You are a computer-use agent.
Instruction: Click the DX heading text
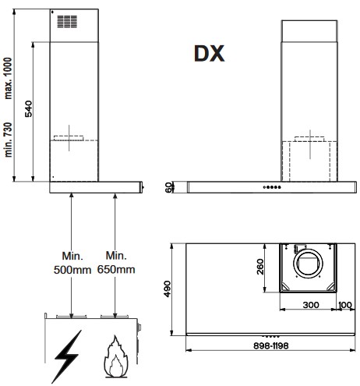(209, 54)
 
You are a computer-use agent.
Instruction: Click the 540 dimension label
(29, 108)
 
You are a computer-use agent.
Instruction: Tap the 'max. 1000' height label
(9, 78)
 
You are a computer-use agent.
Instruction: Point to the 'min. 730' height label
(9, 140)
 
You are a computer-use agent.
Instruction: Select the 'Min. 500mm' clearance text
(72, 263)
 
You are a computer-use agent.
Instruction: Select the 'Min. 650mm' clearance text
(116, 263)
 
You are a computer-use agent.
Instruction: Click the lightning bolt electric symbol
(66, 356)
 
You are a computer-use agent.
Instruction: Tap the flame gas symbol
(116, 356)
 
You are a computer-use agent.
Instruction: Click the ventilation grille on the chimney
(67, 22)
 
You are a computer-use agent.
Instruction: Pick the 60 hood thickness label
(169, 187)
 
